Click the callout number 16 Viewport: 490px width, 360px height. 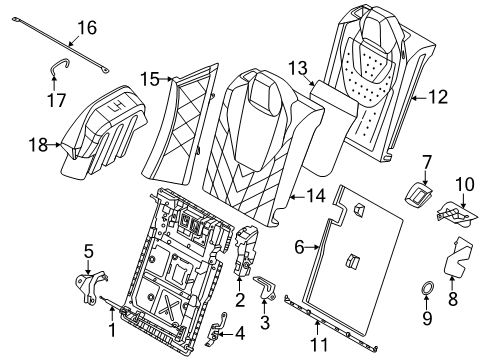pos(87,27)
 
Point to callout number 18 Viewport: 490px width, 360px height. pos(38,145)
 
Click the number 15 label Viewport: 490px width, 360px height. pos(150,79)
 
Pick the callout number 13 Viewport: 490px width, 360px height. pos(298,68)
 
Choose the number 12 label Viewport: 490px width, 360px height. pos(438,97)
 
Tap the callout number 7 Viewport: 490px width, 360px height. pos(427,162)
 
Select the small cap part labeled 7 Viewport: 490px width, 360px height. pos(418,196)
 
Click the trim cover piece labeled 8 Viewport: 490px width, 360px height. pos(458,258)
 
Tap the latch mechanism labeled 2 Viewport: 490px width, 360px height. pos(246,250)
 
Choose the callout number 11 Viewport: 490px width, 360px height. pos(319,345)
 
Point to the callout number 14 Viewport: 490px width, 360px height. pos(316,196)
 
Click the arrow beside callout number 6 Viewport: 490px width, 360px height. pos(312,247)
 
